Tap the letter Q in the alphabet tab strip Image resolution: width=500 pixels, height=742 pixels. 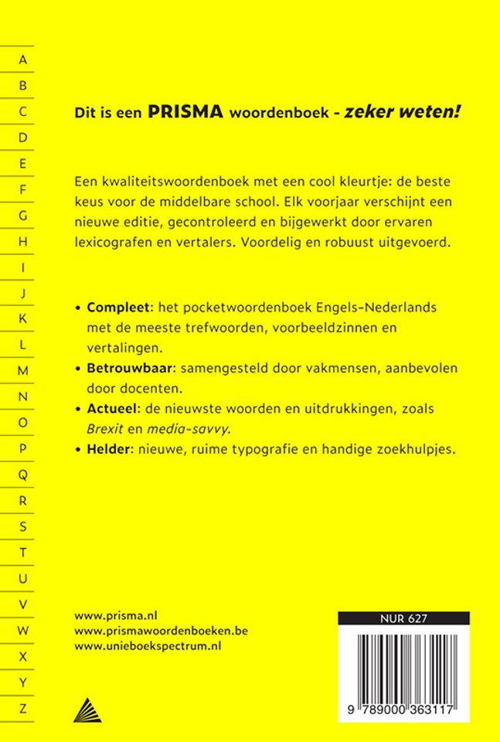(23, 474)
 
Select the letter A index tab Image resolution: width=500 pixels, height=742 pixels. (23, 60)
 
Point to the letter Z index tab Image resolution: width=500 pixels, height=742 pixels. (23, 707)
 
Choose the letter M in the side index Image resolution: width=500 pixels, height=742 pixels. (23, 370)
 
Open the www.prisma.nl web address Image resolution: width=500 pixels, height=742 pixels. (116, 616)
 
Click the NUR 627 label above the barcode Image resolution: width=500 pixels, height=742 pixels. (403, 618)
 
